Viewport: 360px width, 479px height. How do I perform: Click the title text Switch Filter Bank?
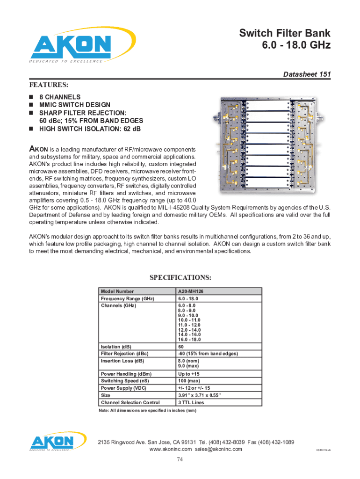(285, 33)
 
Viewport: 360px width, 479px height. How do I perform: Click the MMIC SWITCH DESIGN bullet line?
(74, 105)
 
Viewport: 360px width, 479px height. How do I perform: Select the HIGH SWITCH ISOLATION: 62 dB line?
(90, 129)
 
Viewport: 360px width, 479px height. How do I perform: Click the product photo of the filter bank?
(265, 145)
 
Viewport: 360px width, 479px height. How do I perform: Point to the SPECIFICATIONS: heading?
(180, 277)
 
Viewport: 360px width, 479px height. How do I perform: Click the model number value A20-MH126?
(191, 291)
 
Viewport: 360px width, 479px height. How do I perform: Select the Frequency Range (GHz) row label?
(127, 298)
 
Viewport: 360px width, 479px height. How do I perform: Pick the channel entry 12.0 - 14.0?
(189, 330)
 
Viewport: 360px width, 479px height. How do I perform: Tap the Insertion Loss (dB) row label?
(122, 361)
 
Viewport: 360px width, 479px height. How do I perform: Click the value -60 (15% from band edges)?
(208, 354)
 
